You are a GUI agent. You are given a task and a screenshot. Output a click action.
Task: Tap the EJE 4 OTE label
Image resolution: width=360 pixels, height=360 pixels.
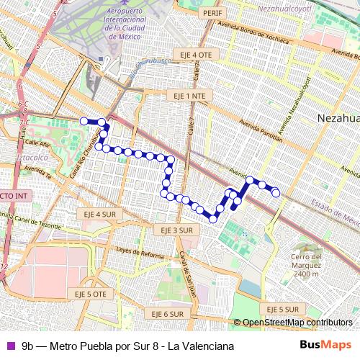click(x=194, y=55)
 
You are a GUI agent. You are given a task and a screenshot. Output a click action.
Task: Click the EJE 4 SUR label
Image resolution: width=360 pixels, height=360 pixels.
click(x=99, y=214)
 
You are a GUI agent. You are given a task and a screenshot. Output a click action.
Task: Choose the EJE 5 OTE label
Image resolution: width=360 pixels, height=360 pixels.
click(x=90, y=294)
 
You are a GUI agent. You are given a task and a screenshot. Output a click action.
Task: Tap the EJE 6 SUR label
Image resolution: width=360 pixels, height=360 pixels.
click(x=167, y=314)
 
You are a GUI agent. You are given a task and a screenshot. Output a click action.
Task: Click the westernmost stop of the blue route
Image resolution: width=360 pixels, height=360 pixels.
click(x=84, y=121)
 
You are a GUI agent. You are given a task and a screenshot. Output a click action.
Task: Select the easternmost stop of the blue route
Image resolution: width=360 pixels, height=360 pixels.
click(x=275, y=192)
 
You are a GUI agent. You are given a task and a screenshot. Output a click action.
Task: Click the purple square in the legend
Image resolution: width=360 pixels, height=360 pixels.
click(x=10, y=346)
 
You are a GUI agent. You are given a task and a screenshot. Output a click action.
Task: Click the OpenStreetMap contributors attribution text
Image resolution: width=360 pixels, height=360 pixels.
click(x=297, y=323)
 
